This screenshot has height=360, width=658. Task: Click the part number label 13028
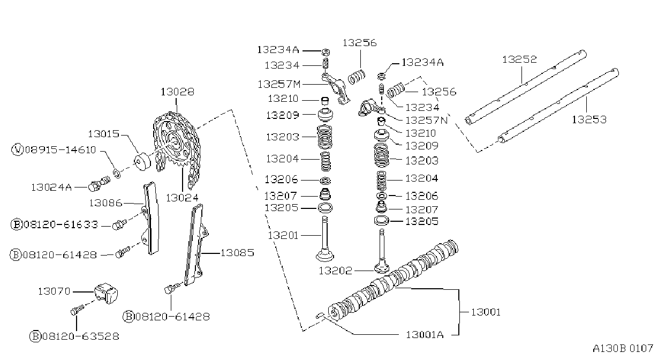point(177,92)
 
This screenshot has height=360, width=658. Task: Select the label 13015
point(104,134)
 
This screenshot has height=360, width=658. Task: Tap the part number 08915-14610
point(60,150)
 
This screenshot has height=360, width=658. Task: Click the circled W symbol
point(17,150)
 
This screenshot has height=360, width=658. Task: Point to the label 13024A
point(51,187)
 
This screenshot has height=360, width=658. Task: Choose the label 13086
point(105,203)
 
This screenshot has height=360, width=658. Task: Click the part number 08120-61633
point(61,224)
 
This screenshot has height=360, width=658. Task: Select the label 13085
point(237,253)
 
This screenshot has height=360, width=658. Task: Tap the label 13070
point(55,291)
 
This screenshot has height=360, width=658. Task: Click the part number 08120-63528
point(81,336)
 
